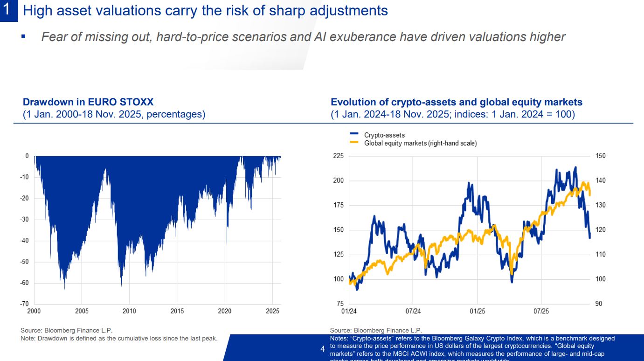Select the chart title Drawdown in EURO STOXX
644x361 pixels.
coord(88,102)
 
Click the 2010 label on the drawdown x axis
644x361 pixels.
coord(129,312)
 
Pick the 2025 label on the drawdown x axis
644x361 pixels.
coord(272,312)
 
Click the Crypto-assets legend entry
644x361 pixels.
coord(384,135)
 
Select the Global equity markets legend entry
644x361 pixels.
coord(420,144)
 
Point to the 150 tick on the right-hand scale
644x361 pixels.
coord(601,156)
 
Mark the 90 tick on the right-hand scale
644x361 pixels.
coord(599,304)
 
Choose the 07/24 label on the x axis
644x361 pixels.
coord(413,312)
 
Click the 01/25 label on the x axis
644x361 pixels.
coord(477,312)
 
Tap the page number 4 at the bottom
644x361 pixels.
coord(323,349)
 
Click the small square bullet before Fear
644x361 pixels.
coord(23,36)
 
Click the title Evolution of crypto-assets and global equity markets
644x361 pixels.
coord(456,102)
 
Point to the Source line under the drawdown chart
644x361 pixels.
coord(67,330)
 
